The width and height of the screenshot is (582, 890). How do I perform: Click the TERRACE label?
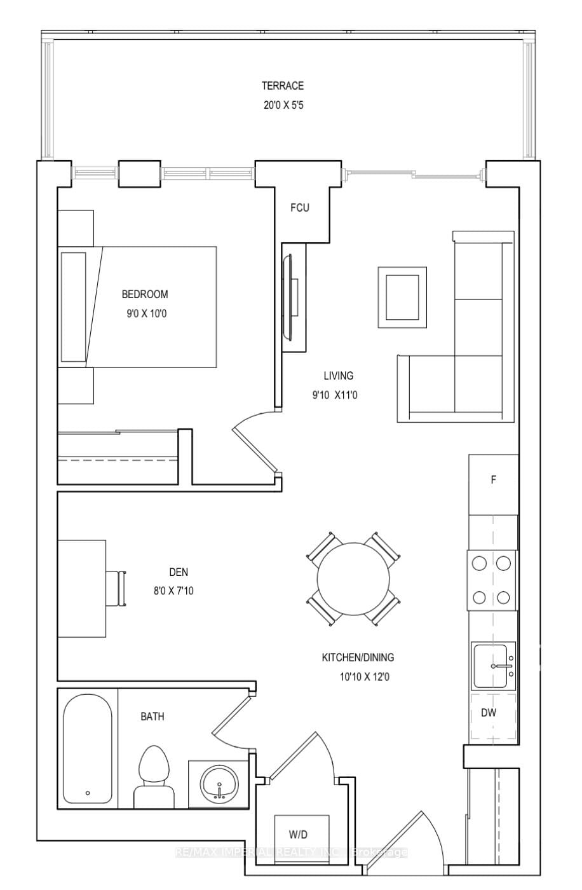283,86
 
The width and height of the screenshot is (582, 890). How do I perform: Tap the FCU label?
300,208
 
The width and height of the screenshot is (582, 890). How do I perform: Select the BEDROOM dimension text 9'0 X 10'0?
145,313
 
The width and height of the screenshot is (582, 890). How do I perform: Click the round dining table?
353,578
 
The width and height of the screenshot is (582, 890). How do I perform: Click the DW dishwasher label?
488,713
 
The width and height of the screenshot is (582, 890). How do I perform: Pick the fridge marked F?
494,481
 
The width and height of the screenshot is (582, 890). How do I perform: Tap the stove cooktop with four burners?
492,580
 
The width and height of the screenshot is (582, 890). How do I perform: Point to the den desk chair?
118,588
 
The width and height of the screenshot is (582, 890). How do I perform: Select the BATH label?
152,716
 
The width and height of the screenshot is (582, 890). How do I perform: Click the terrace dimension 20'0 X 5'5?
283,106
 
